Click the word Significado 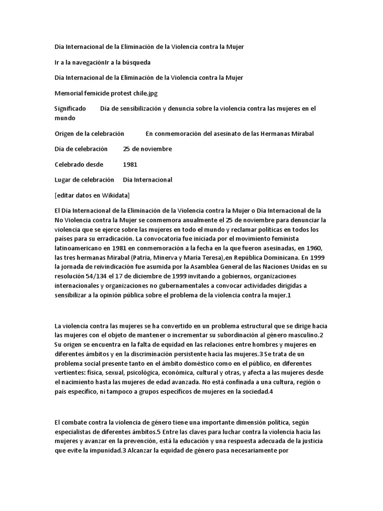coord(70,108)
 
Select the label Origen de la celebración coord(89,134)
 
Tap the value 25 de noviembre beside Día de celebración coord(147,149)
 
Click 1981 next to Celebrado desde coord(130,164)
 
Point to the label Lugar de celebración coord(84,180)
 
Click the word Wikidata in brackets coord(115,195)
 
